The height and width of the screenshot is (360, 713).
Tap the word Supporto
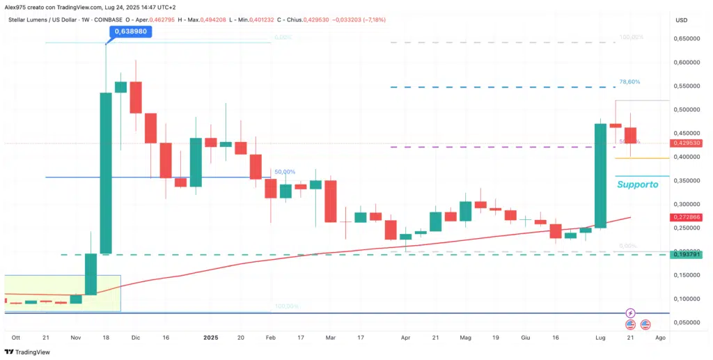point(637,185)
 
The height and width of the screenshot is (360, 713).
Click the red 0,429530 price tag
point(685,143)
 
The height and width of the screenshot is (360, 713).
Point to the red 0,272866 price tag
point(685,217)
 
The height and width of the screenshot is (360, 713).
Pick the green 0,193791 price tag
point(685,255)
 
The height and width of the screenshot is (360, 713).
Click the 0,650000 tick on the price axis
point(685,39)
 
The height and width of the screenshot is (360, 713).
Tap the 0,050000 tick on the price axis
point(685,322)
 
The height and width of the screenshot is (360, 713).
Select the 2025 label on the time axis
point(211,337)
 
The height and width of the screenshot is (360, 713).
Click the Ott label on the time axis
point(15,337)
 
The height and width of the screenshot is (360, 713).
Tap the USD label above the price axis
point(681,19)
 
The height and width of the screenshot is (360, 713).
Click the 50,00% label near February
point(284,172)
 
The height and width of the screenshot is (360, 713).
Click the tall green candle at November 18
point(106,173)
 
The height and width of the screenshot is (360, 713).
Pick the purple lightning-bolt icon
point(630,313)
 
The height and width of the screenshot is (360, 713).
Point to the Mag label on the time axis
point(465,337)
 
